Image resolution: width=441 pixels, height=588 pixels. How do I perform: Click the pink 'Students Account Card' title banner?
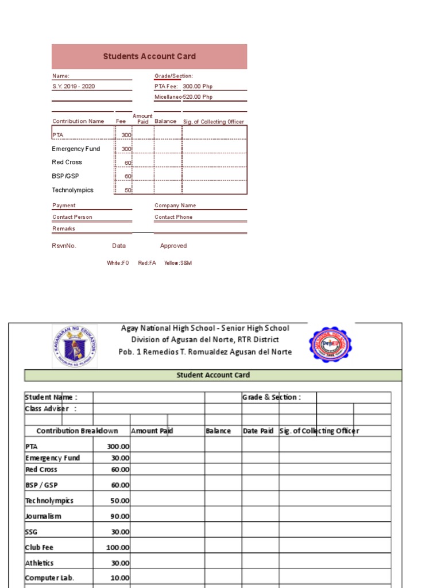point(149,56)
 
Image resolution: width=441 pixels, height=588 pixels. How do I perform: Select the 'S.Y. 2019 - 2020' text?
point(73,86)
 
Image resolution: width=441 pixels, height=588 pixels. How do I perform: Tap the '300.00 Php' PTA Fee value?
point(198,86)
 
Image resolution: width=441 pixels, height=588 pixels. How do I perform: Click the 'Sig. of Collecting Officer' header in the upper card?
point(213,122)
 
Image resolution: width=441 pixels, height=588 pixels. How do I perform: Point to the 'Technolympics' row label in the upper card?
point(72,190)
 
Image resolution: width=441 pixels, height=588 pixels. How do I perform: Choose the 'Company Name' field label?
point(175,206)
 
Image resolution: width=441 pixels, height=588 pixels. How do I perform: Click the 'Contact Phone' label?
point(173,217)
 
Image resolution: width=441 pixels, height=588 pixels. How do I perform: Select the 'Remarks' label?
point(64,229)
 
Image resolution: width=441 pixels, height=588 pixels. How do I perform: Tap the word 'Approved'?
point(173,246)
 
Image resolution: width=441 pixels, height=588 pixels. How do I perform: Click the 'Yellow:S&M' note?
point(178,263)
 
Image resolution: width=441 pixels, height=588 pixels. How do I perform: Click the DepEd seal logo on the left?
point(75,346)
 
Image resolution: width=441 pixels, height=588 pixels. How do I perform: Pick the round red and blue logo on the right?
point(330,345)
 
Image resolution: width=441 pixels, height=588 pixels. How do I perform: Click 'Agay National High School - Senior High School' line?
point(205,328)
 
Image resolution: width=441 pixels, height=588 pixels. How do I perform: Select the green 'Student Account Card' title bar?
point(212,376)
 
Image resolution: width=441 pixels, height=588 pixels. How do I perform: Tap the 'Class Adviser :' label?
point(51,409)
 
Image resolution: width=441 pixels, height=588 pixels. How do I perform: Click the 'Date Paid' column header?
point(258,431)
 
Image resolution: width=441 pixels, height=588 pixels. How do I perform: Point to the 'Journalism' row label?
point(43,516)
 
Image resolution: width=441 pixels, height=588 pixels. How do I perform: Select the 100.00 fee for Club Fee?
point(118,548)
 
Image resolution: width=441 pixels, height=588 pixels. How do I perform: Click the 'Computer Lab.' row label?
point(49,578)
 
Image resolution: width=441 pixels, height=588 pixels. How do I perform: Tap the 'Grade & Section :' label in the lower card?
point(271,397)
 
